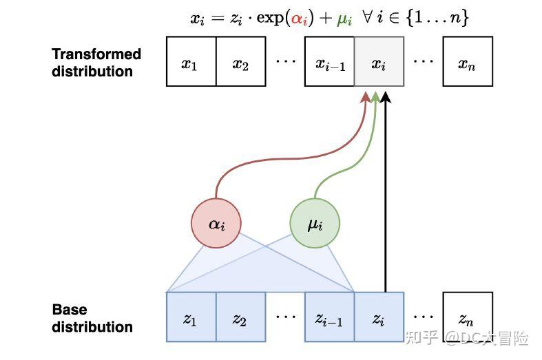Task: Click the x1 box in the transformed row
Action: [x=191, y=62]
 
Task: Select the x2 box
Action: [x=241, y=62]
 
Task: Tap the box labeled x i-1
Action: [x=330, y=62]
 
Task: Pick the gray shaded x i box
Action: [x=379, y=62]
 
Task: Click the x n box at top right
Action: [x=468, y=62]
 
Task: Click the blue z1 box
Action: [x=191, y=317]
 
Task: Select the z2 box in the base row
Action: [x=241, y=317]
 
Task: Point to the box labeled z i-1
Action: [x=330, y=317]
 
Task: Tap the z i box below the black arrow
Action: [x=379, y=317]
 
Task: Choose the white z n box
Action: [x=468, y=317]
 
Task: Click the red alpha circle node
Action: [x=217, y=223]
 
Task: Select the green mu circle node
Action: [x=315, y=223]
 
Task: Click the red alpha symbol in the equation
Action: [x=298, y=19]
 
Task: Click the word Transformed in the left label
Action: [x=96, y=54]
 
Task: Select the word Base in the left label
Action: [x=70, y=310]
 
